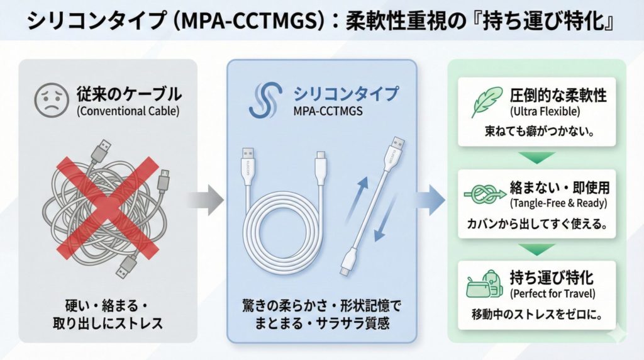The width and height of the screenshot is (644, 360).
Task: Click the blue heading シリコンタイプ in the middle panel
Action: tap(345, 94)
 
